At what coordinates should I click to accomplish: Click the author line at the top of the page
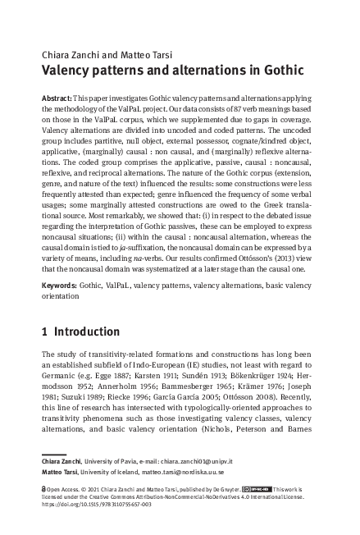coord(98,55)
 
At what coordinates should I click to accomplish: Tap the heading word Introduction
coord(86,332)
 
